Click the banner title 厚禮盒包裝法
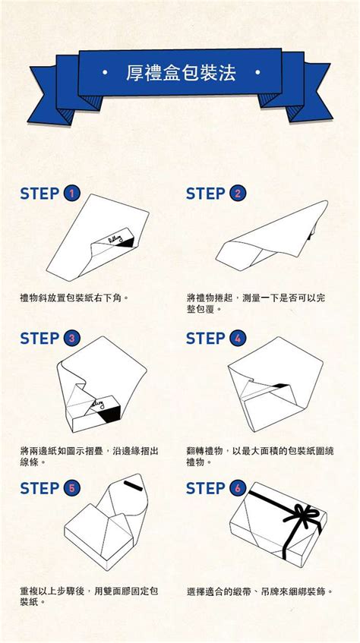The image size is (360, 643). tap(181, 74)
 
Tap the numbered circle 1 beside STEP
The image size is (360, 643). tap(72, 194)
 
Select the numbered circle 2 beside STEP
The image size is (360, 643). tap(238, 194)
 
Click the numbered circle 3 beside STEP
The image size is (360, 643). tap(72, 339)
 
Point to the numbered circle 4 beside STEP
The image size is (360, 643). tap(238, 339)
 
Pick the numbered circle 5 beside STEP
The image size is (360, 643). tap(72, 488)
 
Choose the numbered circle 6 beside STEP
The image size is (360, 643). tap(238, 488)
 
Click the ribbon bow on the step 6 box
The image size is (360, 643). tap(299, 518)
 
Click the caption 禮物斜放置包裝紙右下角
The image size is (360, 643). tap(74, 298)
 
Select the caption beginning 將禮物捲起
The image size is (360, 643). tap(255, 304)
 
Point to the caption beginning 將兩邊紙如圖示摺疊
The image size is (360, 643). tap(89, 455)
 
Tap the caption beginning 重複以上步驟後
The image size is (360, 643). tap(89, 596)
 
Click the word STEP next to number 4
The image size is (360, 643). tap(205, 339)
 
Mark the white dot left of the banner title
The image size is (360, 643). tap(104, 74)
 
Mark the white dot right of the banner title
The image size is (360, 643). tap(258, 74)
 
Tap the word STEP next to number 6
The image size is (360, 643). tap(205, 488)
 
